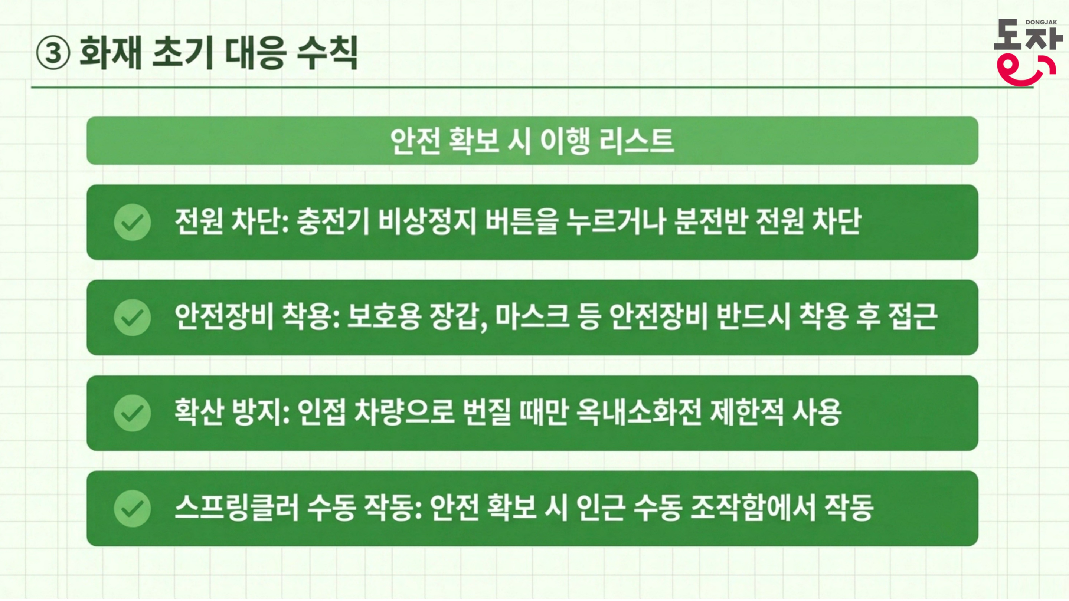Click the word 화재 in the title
click(111, 53)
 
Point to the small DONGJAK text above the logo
click(1041, 22)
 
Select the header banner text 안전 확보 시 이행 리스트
click(532, 141)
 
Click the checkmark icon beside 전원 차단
click(133, 222)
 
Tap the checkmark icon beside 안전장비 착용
click(133, 318)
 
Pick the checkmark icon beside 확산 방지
click(133, 413)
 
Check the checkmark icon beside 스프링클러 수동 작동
click(133, 509)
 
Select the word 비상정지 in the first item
click(428, 221)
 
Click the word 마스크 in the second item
click(532, 317)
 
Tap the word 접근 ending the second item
click(913, 317)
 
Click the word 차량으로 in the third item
click(404, 412)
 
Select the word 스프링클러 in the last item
click(237, 508)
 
